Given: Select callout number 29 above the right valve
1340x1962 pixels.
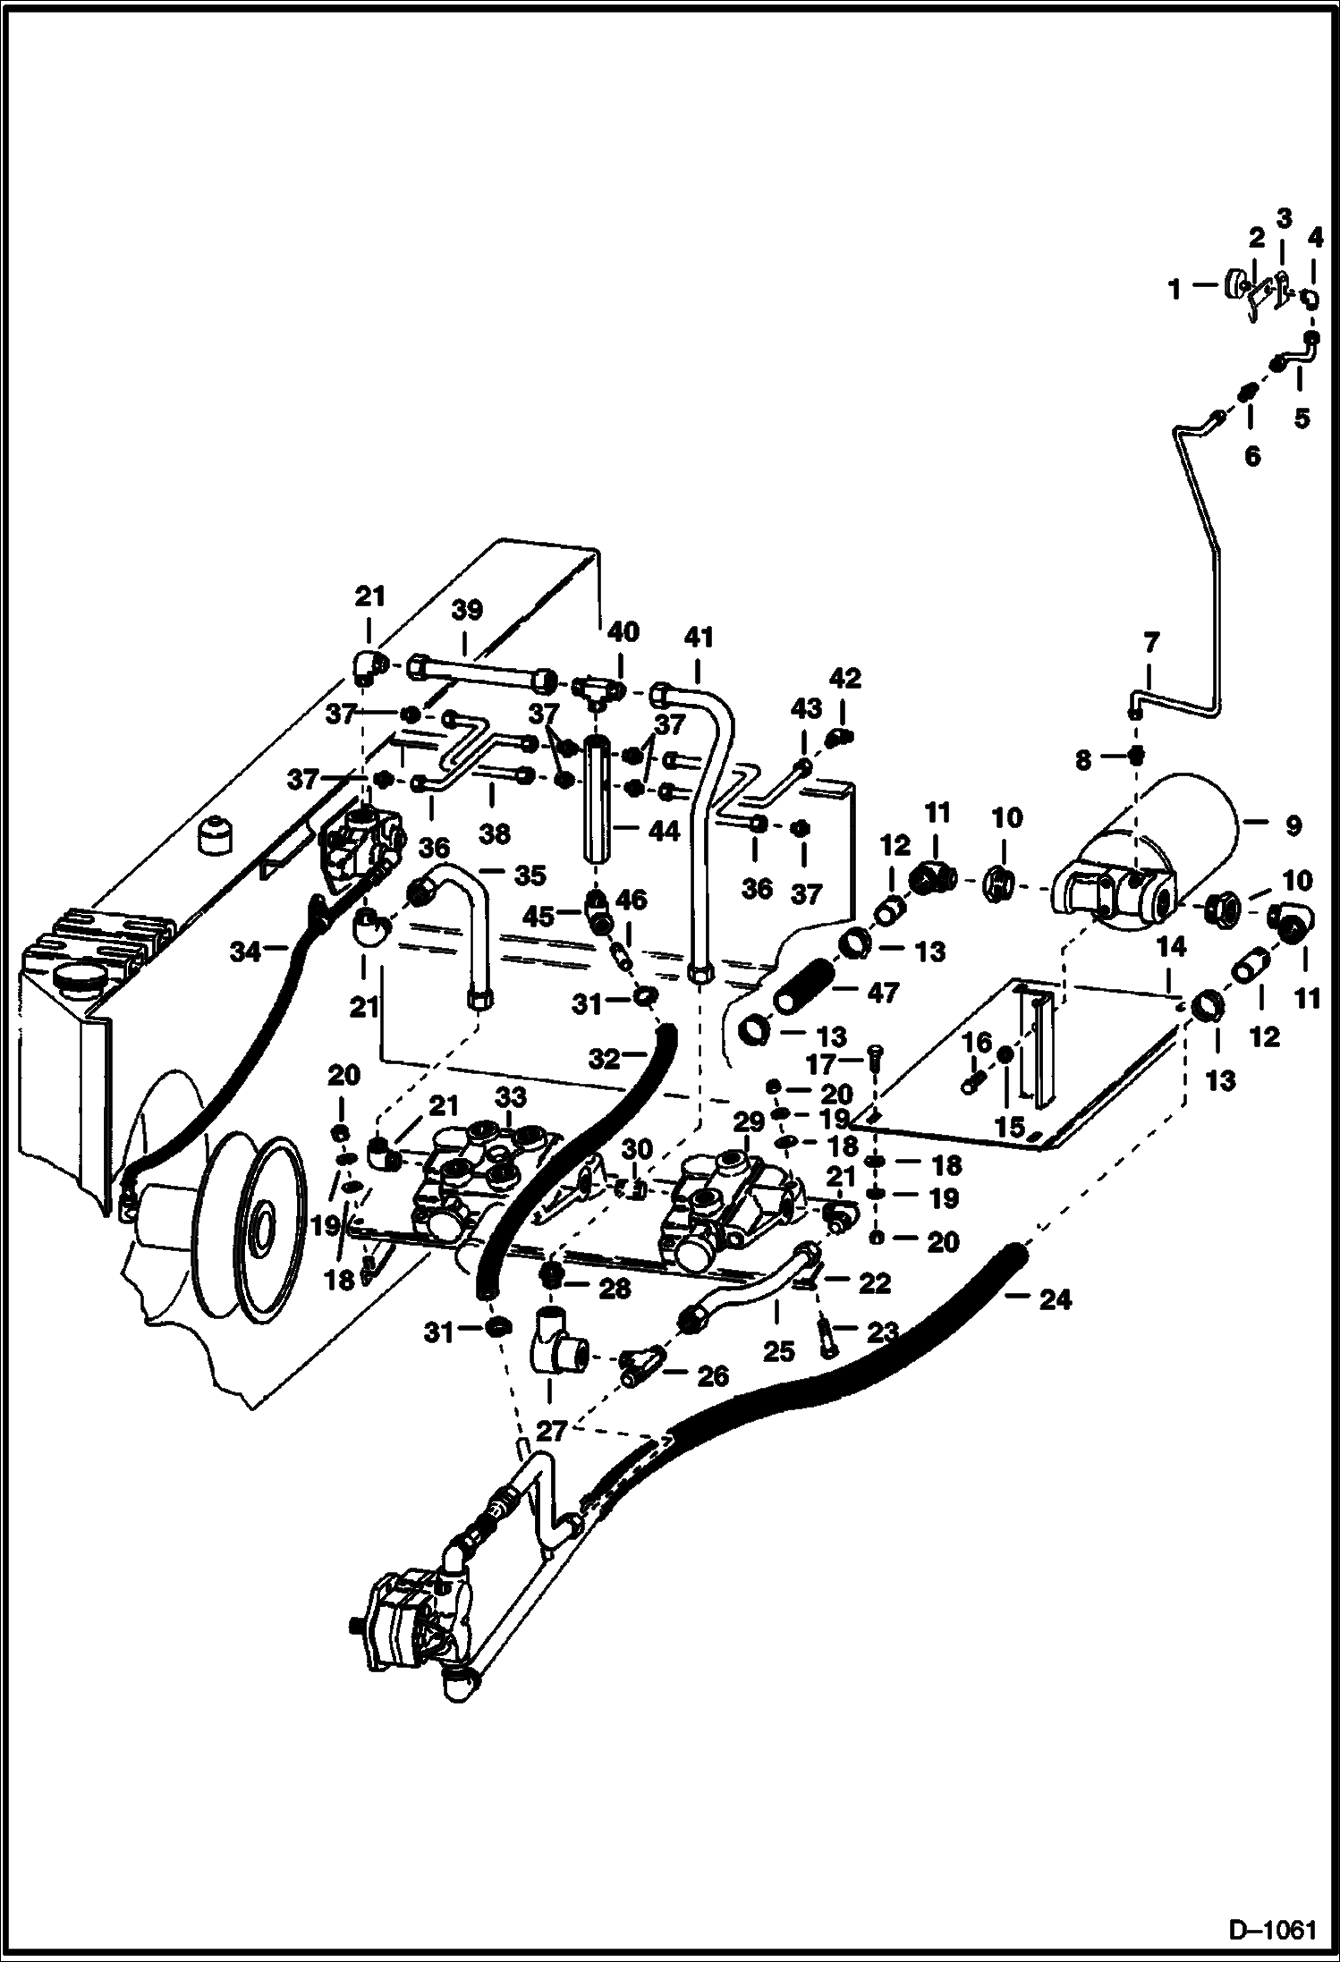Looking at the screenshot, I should [750, 1121].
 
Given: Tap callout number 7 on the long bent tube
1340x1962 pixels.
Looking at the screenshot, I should [1150, 642].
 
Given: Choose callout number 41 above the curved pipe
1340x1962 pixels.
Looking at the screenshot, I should [699, 638].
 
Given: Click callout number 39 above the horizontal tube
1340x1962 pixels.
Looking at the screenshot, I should [467, 610].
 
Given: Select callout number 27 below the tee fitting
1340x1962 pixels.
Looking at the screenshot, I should [550, 1431].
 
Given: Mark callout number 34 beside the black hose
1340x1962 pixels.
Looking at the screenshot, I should [245, 951].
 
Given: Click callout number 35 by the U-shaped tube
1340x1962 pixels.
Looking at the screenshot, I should [530, 875].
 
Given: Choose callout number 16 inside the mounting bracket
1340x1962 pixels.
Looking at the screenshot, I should [977, 1043].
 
